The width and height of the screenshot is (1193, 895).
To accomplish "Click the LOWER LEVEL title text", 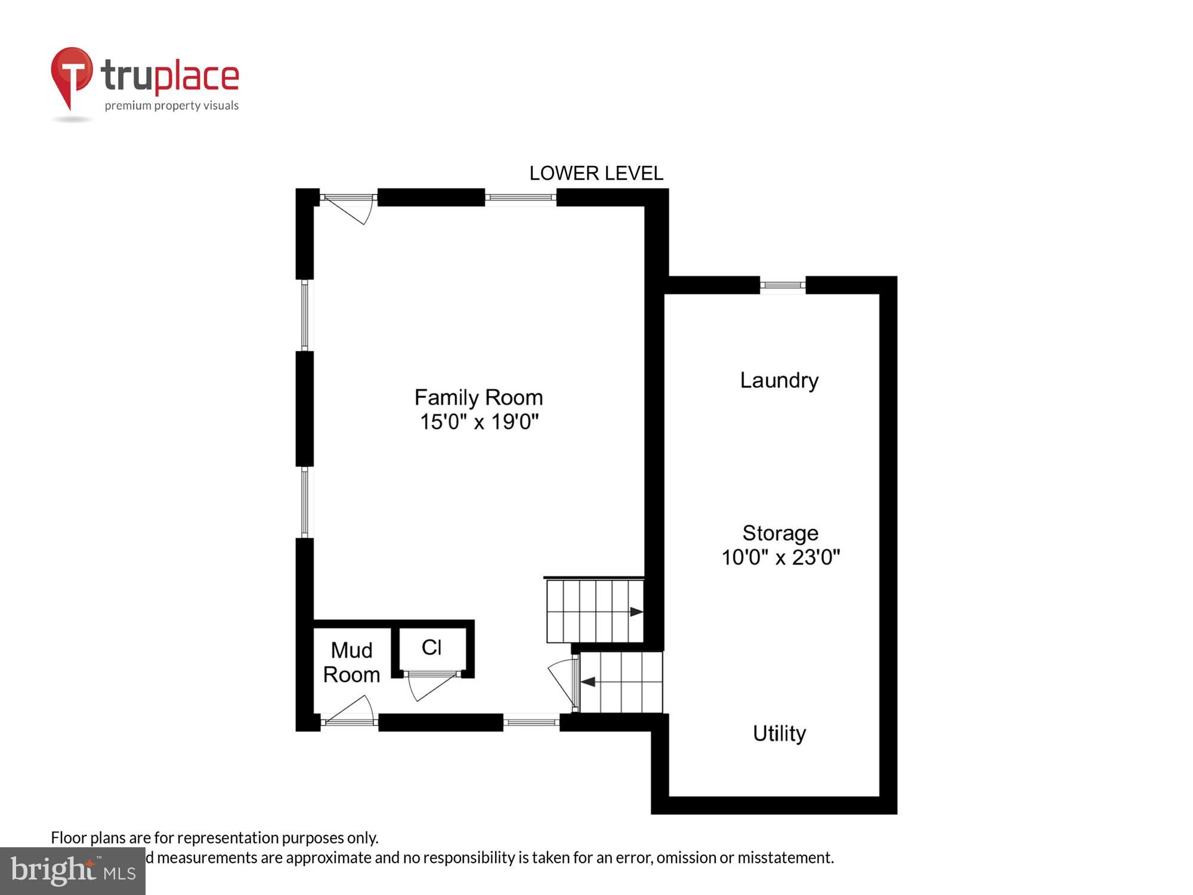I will click(x=596, y=174).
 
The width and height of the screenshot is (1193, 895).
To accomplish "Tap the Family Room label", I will click(x=478, y=397).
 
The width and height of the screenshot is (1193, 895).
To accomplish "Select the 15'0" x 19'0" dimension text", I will click(x=479, y=422).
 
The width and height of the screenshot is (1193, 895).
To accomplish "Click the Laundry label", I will click(x=779, y=380).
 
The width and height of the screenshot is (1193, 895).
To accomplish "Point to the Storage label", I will click(x=780, y=533).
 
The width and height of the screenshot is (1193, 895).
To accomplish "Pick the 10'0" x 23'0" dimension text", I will click(x=780, y=557).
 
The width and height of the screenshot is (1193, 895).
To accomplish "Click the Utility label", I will click(x=779, y=733).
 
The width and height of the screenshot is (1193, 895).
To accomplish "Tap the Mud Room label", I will click(x=351, y=662).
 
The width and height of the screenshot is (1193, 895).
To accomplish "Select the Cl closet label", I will click(x=431, y=647).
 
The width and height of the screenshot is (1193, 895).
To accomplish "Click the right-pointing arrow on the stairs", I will click(x=636, y=612).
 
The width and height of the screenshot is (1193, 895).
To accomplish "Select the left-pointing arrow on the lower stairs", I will click(x=588, y=681).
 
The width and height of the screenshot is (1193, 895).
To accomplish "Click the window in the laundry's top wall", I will click(x=783, y=285).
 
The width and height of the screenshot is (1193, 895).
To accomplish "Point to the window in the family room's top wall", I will click(x=520, y=197).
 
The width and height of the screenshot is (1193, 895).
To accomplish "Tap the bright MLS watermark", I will click(x=73, y=871).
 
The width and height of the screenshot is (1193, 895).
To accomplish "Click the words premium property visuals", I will click(x=172, y=106).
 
